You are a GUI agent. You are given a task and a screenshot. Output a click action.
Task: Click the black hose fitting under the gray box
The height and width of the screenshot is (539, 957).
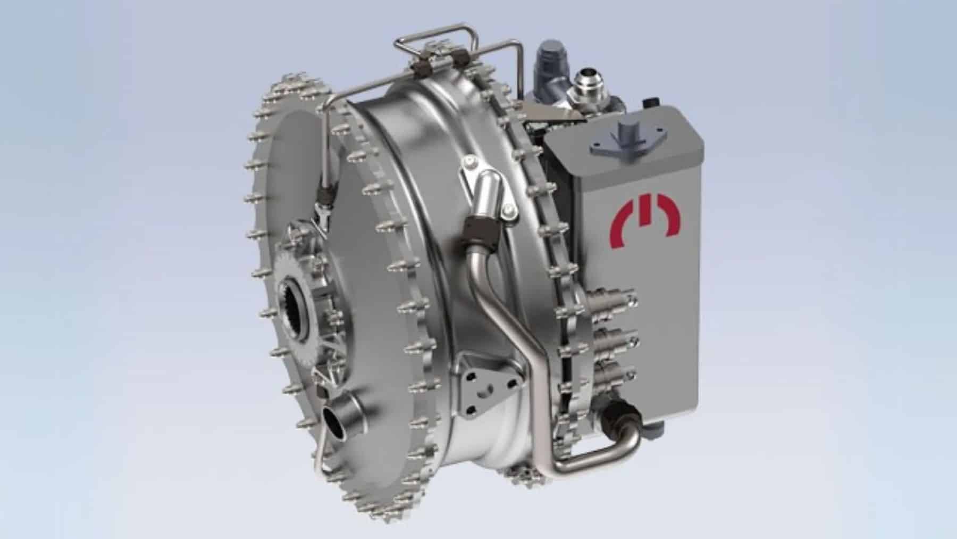pos(619,412)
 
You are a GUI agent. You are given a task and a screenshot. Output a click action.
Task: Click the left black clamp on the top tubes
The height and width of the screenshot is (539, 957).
pos(423,67)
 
